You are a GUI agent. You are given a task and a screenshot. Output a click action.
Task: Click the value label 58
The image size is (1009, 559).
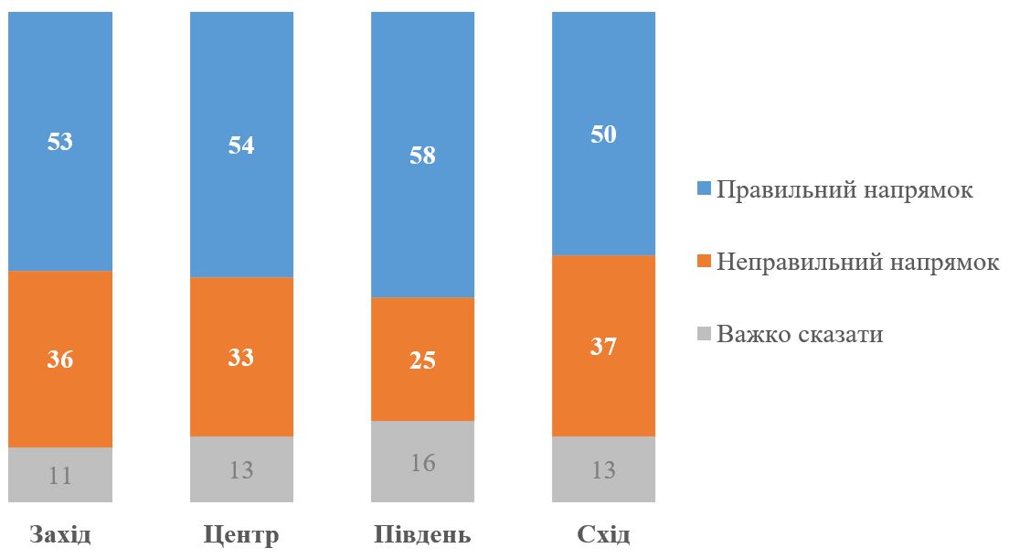pyautogui.click(x=422, y=156)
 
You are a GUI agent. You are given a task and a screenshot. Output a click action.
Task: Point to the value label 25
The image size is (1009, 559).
pyautogui.click(x=422, y=360)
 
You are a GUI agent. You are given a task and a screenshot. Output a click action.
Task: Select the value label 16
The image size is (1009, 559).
pyautogui.click(x=422, y=462)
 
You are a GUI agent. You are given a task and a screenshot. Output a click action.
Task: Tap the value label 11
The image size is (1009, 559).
pyautogui.click(x=59, y=475)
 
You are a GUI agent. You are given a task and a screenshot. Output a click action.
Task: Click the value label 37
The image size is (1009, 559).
pyautogui.click(x=604, y=347)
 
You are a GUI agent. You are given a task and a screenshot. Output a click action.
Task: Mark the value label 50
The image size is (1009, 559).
pyautogui.click(x=604, y=134)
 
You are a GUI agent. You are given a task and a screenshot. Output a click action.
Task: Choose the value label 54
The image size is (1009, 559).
pyautogui.click(x=241, y=145)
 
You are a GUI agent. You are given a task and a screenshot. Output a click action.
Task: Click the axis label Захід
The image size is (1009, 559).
pyautogui.click(x=60, y=534)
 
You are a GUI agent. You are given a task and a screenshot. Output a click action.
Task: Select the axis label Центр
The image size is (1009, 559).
pyautogui.click(x=241, y=535)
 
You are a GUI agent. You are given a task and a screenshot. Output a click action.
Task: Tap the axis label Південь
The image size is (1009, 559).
pyautogui.click(x=422, y=535)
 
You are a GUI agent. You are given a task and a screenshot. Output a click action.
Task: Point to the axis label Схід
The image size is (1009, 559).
pyautogui.click(x=604, y=534)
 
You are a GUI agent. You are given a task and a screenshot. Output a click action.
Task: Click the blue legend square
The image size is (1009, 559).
pyautogui.click(x=704, y=190)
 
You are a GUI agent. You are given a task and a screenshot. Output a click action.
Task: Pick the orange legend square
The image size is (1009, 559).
pyautogui.click(x=704, y=262)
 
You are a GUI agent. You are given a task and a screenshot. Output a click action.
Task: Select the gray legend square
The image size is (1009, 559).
pyautogui.click(x=704, y=334)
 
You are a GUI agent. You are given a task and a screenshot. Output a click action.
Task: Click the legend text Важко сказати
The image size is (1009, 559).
pyautogui.click(x=800, y=334)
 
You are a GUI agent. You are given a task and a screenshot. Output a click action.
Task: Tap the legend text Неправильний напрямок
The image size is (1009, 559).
pyautogui.click(x=858, y=262)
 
